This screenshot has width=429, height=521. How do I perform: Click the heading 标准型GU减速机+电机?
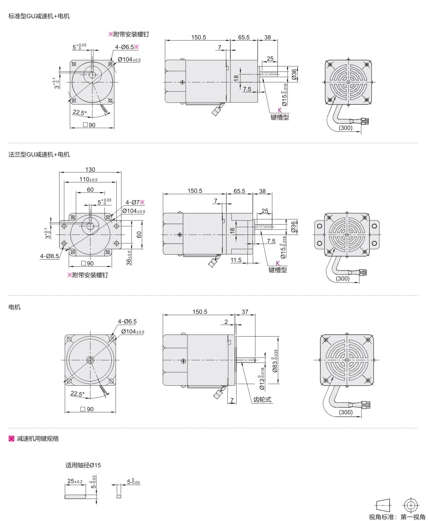39,16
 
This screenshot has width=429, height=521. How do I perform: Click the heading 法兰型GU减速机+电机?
39,155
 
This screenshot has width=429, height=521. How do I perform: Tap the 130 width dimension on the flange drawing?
90,169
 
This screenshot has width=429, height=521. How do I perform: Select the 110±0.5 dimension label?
89,179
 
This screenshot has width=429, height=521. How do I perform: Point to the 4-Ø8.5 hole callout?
49,256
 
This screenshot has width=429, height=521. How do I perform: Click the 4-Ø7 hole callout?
135,202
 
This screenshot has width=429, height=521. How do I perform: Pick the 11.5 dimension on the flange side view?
236,260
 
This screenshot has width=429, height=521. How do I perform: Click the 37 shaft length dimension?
245,312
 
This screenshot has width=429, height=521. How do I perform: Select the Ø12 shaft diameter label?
262,379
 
